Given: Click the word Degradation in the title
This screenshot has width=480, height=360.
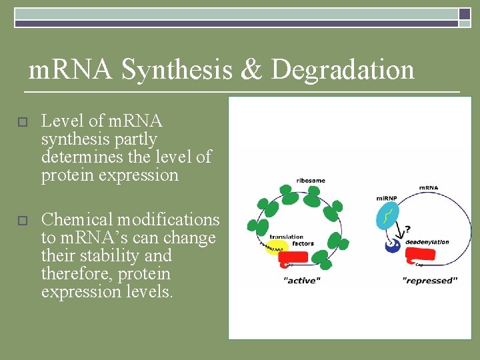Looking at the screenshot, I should click(x=343, y=69).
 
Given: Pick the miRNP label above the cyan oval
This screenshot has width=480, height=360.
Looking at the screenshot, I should click(x=388, y=198).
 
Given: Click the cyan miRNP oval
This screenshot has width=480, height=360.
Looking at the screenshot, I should click(x=387, y=217).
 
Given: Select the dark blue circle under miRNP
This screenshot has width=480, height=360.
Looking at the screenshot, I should click(x=394, y=246).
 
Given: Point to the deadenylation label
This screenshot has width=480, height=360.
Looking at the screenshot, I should click(x=427, y=242).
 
